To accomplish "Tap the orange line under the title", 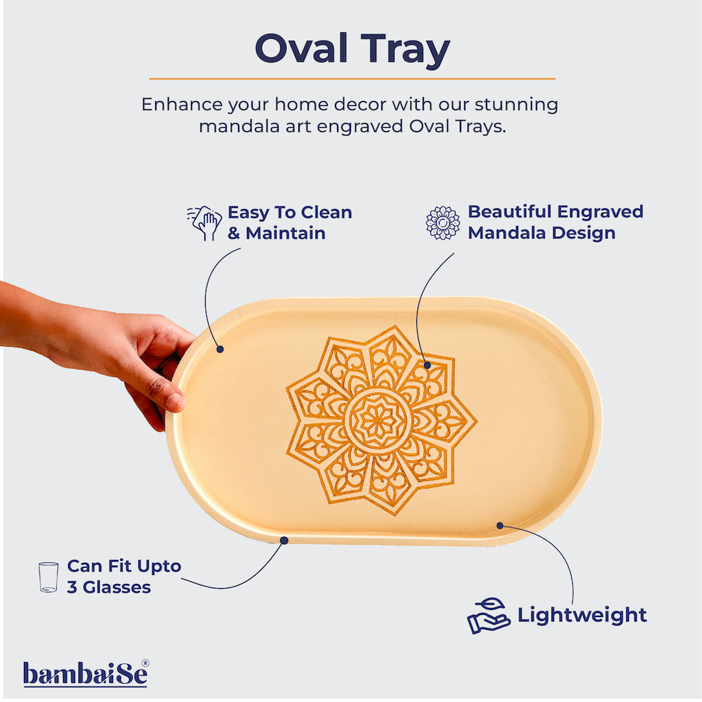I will (x=351, y=79).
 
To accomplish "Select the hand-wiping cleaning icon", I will (x=204, y=223).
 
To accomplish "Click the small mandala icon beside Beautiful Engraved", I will (x=443, y=223).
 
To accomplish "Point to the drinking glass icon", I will (x=48, y=577).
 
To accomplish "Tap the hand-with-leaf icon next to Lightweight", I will (x=489, y=616).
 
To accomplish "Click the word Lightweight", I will (x=582, y=616).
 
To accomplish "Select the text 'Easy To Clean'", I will (x=289, y=212).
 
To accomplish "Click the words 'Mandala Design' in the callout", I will (x=541, y=233).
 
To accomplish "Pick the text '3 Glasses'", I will (x=109, y=587).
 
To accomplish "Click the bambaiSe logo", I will (x=85, y=674).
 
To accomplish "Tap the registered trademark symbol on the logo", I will (x=145, y=663).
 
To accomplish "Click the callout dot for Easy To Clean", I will (x=220, y=348).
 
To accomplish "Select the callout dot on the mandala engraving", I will (x=427, y=366).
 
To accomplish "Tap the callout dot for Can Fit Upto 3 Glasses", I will (x=284, y=540).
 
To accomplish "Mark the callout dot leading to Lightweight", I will (x=501, y=525).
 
